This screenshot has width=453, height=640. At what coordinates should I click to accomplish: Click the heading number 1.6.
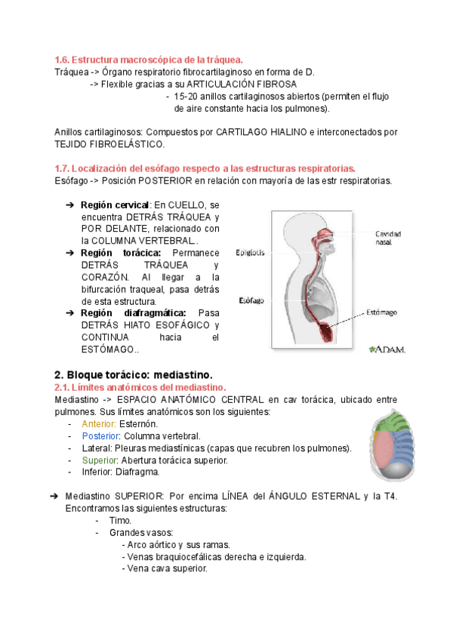(x=63, y=60)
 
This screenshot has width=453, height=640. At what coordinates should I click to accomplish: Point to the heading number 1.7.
(x=63, y=168)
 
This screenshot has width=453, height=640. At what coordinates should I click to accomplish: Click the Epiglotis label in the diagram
(x=250, y=253)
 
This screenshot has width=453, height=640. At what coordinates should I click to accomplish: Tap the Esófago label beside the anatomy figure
(x=251, y=300)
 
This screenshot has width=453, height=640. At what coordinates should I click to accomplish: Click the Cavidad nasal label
(x=388, y=238)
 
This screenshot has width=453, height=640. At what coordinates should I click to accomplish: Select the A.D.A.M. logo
(x=387, y=349)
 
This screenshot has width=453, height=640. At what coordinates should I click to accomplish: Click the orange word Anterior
(x=98, y=424)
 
